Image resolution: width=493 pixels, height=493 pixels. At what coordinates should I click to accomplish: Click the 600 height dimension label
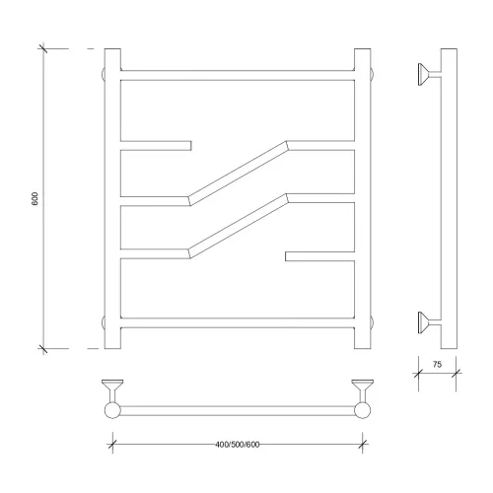click(35, 198)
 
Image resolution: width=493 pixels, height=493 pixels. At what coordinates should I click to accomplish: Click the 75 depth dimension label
click(437, 364)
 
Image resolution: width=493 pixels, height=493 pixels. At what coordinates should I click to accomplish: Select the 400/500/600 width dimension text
click(238, 445)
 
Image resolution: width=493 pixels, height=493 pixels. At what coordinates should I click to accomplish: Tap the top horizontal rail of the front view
click(238, 75)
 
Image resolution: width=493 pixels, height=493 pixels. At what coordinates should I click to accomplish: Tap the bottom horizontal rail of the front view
click(238, 323)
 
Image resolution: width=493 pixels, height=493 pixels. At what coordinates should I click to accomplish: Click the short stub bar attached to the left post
click(156, 146)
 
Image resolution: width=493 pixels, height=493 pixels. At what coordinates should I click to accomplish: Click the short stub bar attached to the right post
click(319, 256)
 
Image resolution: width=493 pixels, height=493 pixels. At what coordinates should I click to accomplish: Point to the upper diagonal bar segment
click(239, 174)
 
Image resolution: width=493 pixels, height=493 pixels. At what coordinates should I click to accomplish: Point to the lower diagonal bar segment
click(239, 226)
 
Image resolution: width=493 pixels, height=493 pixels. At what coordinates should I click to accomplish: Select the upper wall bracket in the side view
click(428, 75)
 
